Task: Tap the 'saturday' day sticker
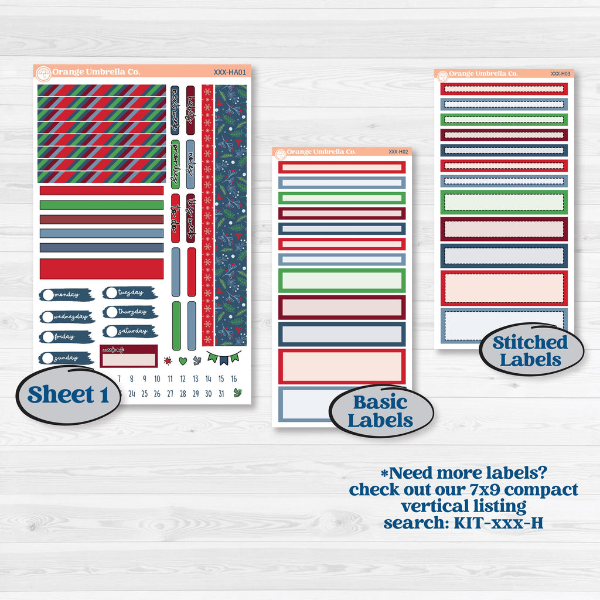coord(129,331)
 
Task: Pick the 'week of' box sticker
coord(128,356)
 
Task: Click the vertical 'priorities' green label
coord(175,164)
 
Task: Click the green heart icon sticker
coord(183,361)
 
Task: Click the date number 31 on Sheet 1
coord(220,394)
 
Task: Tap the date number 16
coord(233,379)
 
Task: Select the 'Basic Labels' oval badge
coord(380,411)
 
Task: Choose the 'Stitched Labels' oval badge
coord(530,350)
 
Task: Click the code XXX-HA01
coord(230,73)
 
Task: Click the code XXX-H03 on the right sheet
coord(560,74)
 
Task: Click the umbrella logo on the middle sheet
coord(280,154)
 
